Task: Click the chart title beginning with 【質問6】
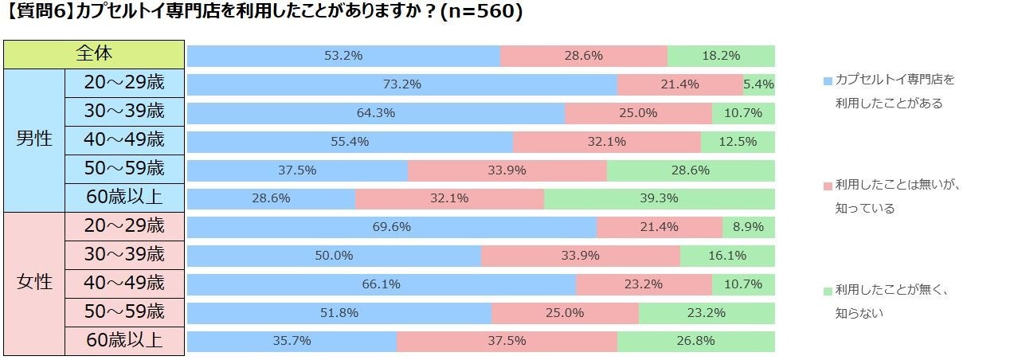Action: click(263, 14)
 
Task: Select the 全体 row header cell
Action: click(94, 54)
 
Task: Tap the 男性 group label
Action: click(33, 139)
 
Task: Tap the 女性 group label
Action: click(33, 283)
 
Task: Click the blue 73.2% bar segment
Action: click(401, 84)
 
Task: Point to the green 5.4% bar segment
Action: click(758, 84)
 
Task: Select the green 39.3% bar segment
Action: click(659, 198)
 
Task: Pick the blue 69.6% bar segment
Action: click(391, 227)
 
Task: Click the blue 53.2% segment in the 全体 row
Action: click(343, 56)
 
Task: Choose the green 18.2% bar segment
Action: click(721, 56)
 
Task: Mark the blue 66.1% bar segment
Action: click(381, 284)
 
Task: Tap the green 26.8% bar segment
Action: click(695, 342)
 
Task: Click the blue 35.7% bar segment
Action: click(292, 342)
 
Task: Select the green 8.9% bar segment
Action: click(748, 227)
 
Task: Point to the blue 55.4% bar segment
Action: click(350, 142)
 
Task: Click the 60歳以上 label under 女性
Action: click(124, 340)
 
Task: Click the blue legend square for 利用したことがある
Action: click(828, 81)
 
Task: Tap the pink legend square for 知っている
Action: click(828, 186)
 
